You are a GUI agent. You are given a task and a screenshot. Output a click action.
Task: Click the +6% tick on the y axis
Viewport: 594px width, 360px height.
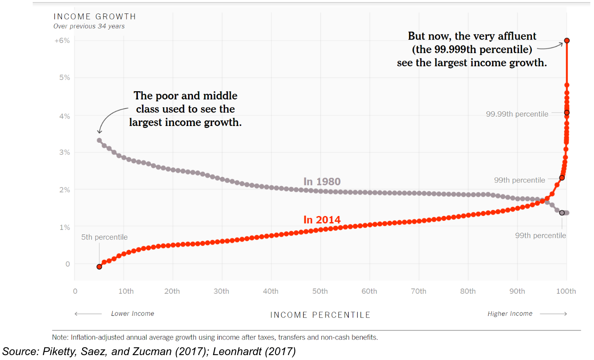click(62, 41)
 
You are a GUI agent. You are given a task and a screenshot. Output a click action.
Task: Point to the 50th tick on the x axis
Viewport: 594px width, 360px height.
click(320, 291)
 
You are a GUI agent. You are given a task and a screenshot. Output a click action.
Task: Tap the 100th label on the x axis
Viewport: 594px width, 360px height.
click(566, 291)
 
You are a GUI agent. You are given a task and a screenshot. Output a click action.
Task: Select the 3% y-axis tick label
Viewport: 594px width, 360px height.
click(65, 152)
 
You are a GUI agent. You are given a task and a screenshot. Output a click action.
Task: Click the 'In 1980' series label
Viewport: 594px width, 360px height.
click(322, 182)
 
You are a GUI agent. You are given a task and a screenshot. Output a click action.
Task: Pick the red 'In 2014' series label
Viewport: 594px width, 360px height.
click(322, 220)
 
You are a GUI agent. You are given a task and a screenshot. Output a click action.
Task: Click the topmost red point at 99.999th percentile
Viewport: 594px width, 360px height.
click(567, 40)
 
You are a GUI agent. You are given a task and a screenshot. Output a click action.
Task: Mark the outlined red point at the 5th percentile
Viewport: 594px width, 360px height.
click(99, 267)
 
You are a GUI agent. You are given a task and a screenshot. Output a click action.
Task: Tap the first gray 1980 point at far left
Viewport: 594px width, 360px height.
click(99, 140)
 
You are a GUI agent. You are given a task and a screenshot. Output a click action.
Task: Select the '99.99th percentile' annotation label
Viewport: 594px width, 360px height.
click(517, 114)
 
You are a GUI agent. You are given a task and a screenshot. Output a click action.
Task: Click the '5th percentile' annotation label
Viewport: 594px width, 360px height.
click(104, 237)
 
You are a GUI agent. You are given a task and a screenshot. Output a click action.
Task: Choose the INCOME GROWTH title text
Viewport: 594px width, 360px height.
click(94, 17)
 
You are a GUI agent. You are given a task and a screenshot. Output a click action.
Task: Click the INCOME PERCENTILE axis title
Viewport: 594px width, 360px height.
click(320, 315)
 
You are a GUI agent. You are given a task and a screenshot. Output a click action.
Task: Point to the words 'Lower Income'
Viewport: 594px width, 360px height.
click(132, 314)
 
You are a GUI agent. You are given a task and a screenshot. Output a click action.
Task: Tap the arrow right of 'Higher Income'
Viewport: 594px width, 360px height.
click(554, 314)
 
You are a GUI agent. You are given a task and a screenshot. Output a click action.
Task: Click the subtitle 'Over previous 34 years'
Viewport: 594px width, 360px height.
click(89, 26)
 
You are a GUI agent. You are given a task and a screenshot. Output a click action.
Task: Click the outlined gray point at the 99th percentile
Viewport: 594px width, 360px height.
click(562, 213)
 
